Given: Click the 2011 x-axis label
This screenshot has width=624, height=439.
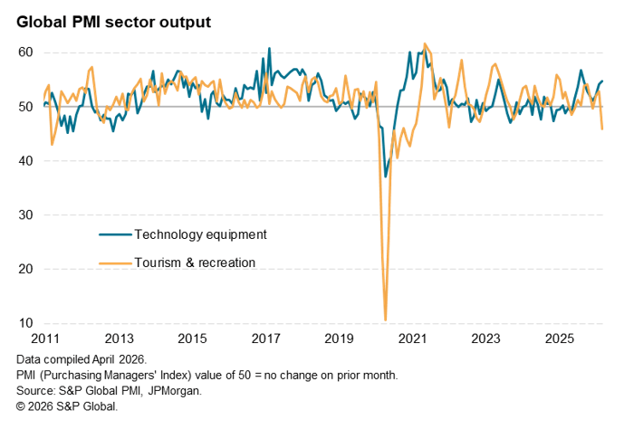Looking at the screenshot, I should click(46, 339).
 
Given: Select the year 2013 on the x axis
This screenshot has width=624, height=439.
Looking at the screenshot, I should click(120, 339).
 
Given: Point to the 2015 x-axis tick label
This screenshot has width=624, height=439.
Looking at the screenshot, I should click(193, 339).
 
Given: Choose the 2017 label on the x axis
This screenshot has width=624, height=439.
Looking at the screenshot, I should click(266, 339).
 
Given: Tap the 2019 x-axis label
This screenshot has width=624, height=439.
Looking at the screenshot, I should click(340, 339).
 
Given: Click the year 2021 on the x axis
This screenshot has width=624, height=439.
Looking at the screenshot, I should click(413, 339).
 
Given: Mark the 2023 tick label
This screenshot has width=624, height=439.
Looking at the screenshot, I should click(486, 339).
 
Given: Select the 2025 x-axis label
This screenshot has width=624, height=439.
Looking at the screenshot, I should click(560, 339).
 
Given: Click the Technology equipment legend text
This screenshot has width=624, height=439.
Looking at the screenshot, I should click(200, 234).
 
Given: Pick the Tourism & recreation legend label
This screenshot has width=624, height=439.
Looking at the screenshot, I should click(195, 262).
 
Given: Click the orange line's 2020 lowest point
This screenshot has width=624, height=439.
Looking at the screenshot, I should click(386, 320).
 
